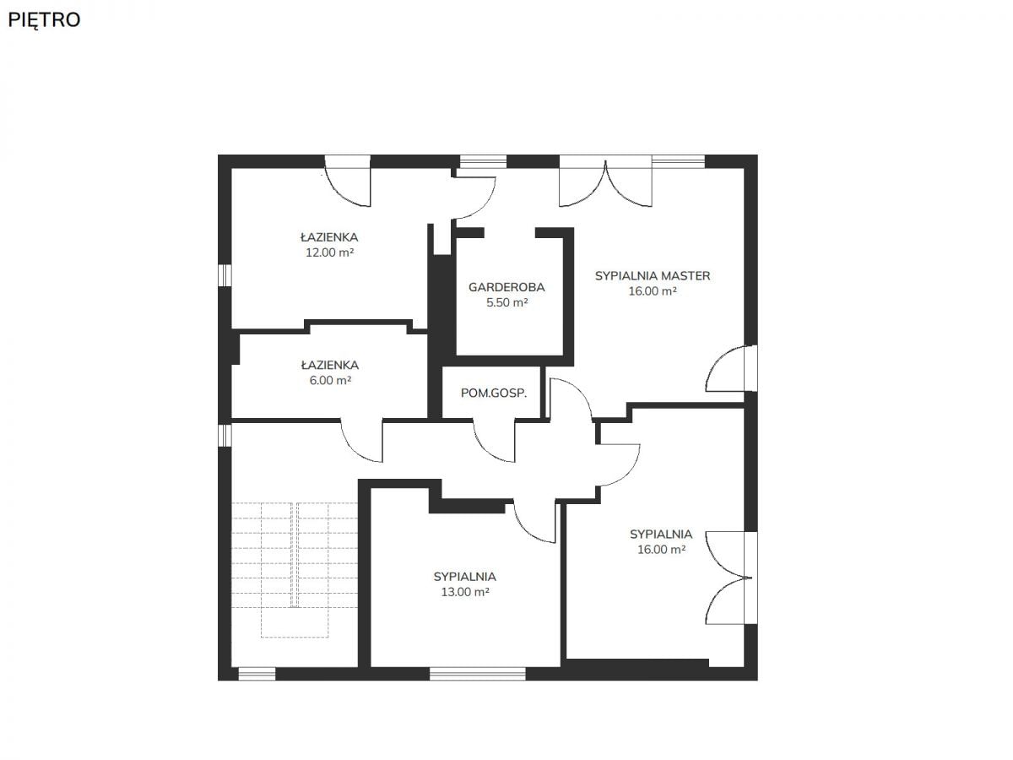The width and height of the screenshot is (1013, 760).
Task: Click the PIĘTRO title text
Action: point(44,19)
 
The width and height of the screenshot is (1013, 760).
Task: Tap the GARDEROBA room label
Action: point(506,287)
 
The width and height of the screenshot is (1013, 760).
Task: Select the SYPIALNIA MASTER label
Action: point(652,276)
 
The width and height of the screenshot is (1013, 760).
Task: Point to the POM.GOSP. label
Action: point(493,394)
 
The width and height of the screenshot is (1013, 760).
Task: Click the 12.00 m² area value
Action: point(329,252)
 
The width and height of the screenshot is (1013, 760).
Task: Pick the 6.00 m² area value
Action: point(330,380)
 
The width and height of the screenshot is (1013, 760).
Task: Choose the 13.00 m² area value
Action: point(465,592)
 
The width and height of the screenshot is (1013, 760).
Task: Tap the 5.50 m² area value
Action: point(506,302)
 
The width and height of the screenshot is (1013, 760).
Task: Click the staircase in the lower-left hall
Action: point(295,570)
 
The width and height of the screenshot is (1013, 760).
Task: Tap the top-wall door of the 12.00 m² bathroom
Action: point(347,181)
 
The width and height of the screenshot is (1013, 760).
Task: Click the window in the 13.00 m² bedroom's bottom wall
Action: point(478,674)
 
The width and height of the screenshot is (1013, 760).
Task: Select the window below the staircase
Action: point(257,674)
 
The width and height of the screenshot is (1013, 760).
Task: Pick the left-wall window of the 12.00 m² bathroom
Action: point(225,275)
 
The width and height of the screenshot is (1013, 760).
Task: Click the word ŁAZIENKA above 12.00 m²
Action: point(329,237)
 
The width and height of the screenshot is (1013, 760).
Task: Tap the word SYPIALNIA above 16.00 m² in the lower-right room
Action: point(661,535)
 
